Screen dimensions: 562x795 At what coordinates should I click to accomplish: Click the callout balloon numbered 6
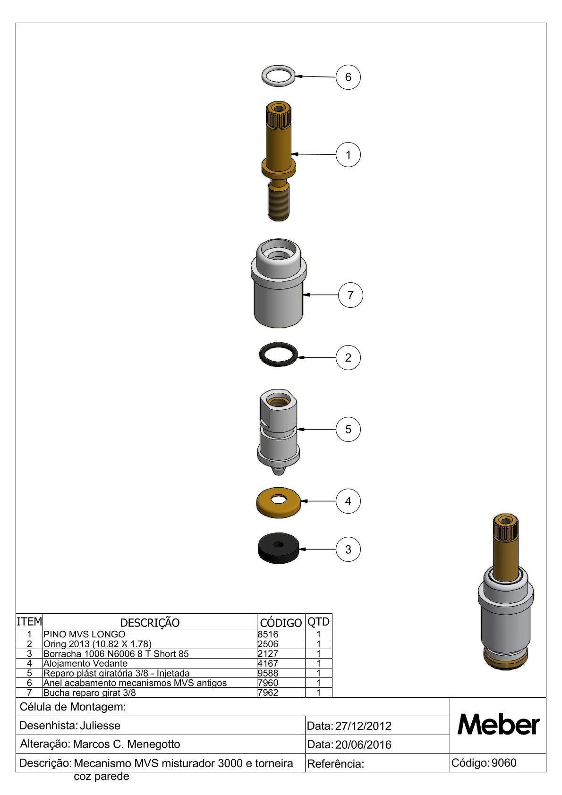click(x=348, y=77)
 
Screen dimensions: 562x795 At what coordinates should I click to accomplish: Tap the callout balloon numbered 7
click(x=350, y=295)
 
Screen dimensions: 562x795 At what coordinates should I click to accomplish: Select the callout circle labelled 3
click(x=348, y=550)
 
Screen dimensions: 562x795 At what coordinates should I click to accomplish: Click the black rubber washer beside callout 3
click(x=278, y=548)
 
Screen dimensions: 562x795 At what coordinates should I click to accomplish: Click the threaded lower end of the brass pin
click(x=278, y=206)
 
